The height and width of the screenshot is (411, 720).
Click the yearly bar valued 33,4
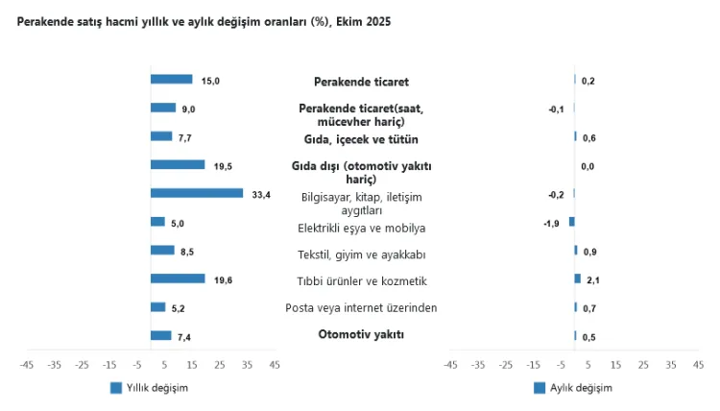tap(197, 193)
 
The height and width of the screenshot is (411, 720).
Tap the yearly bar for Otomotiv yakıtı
tap(161, 335)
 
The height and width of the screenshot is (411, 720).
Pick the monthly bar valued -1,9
tap(571, 222)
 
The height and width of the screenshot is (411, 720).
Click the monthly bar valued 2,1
tap(578, 278)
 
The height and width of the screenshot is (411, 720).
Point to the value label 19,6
tap(223, 279)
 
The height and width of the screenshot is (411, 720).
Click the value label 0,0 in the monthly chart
tap(588, 166)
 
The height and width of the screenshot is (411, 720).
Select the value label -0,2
tap(556, 194)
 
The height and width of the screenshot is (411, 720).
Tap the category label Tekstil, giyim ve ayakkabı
tap(361, 254)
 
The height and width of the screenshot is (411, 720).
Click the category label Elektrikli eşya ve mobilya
tap(361, 228)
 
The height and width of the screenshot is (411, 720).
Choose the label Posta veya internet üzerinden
tap(361, 307)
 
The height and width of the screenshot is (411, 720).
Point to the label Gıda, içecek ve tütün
tap(361, 138)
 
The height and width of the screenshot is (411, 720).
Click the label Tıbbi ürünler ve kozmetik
tap(361, 281)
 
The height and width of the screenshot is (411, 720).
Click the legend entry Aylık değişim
tap(573, 388)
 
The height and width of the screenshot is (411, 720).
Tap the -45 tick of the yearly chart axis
tap(27, 365)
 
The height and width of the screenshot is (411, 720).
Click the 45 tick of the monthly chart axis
tap(698, 365)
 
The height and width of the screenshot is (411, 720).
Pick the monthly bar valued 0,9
tap(576, 251)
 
